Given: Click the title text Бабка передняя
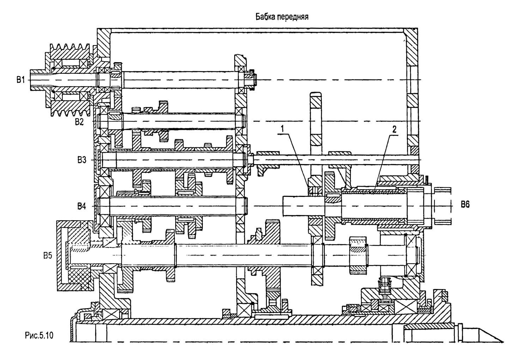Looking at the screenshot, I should [281, 17].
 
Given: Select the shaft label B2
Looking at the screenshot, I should [79, 122].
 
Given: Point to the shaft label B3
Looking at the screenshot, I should [82, 160].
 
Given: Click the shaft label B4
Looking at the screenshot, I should [82, 206].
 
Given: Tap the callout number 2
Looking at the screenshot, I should [394, 129].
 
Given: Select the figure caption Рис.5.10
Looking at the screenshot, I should [39, 335].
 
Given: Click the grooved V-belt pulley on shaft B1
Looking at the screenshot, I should [69, 80].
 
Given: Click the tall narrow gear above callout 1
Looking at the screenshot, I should [316, 120].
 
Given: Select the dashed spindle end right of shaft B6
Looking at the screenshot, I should [443, 205].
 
